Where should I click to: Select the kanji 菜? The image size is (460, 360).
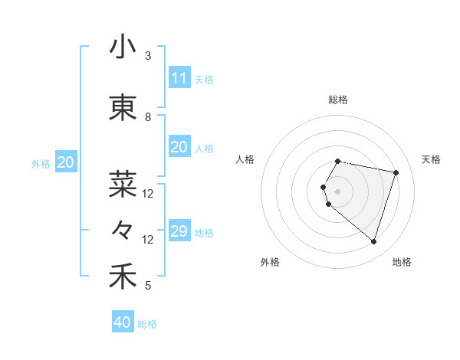[x=123, y=184]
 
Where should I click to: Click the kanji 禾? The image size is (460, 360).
[x=123, y=277]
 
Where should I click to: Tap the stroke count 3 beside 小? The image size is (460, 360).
[x=148, y=56]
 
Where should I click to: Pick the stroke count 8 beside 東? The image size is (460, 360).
[x=148, y=117]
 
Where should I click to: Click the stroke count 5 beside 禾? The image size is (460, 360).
[x=148, y=286]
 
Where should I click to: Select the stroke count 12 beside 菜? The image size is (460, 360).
[x=148, y=194]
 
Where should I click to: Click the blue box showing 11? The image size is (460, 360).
[x=179, y=78]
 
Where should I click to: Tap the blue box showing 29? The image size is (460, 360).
[x=179, y=231]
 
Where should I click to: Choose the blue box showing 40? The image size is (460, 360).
[x=123, y=322]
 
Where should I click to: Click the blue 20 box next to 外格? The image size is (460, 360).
[x=66, y=162]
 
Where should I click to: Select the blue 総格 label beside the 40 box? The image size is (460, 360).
[x=148, y=324]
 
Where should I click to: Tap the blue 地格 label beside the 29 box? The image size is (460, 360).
[x=205, y=233]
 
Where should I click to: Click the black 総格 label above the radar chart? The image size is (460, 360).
[x=338, y=100]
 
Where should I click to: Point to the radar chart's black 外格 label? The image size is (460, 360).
[x=270, y=262]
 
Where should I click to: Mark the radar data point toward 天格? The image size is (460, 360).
[x=396, y=172]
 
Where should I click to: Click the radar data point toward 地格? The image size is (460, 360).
[x=373, y=242]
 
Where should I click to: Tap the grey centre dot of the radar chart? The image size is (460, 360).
[x=338, y=191]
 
